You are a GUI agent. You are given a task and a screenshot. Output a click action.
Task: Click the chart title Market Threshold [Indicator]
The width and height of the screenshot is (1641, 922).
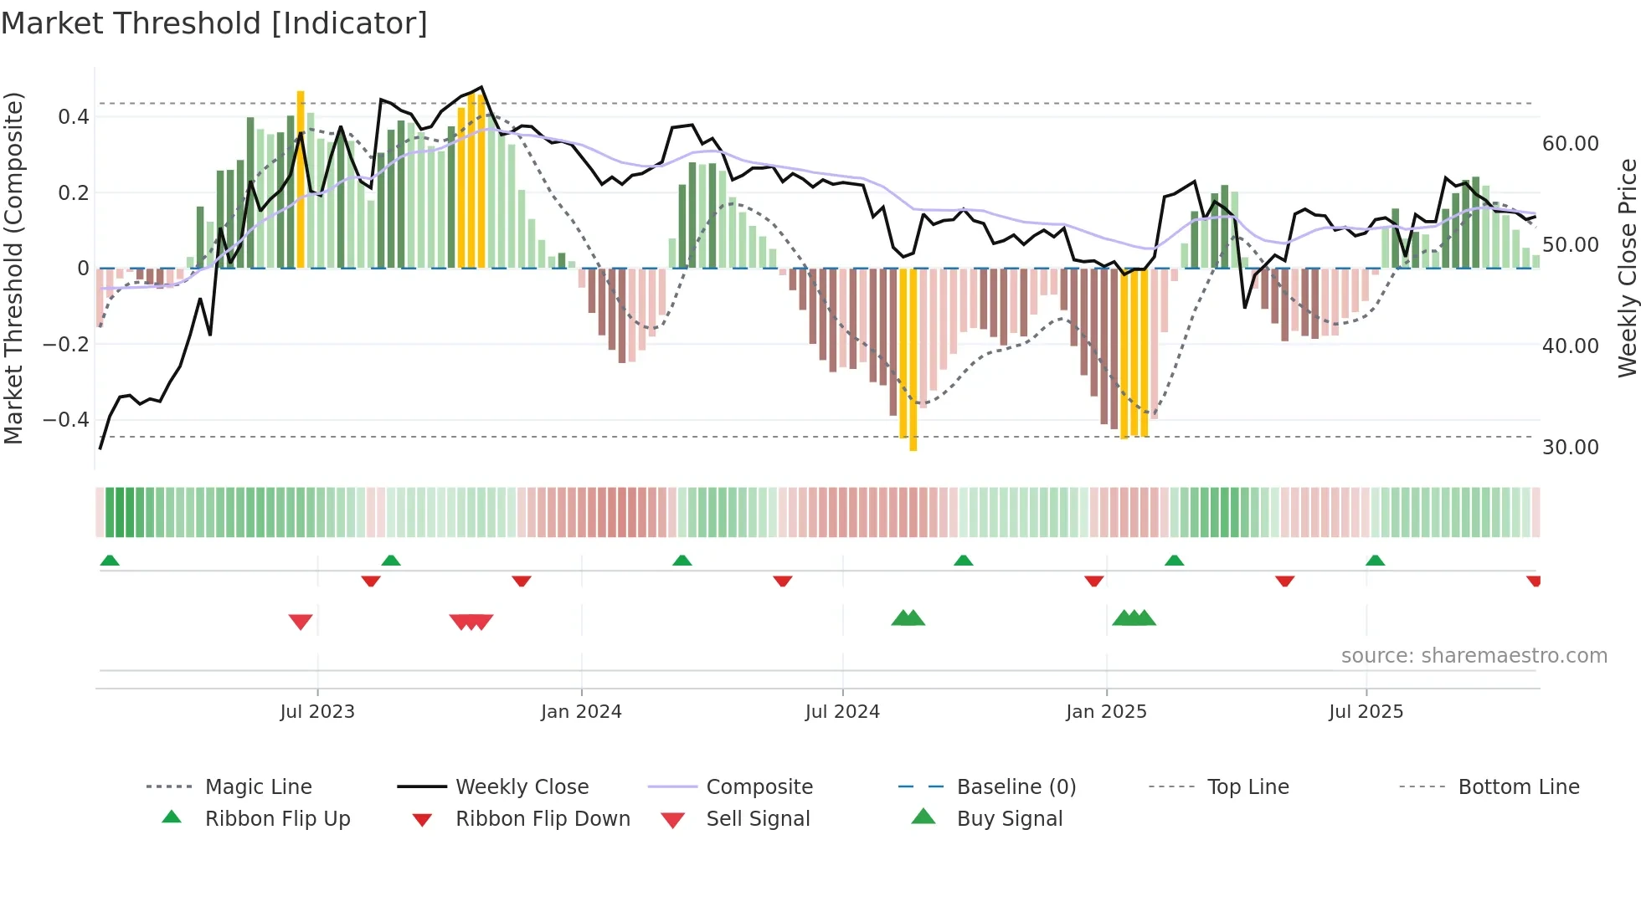(214, 23)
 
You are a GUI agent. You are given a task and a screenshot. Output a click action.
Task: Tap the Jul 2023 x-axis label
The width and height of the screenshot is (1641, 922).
(317, 712)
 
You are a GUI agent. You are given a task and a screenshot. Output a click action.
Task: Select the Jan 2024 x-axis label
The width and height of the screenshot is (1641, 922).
(581, 712)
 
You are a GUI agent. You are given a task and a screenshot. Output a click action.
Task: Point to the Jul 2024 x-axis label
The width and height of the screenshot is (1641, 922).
(842, 712)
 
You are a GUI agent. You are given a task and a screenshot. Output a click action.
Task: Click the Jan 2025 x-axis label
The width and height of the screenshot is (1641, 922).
(1106, 712)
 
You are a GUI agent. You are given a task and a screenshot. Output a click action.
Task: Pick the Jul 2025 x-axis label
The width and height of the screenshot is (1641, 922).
(1366, 712)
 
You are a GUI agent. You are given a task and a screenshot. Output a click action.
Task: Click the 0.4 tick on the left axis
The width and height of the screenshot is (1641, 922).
(74, 117)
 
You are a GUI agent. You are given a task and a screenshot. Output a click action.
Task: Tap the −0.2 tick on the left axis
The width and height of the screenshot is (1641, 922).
(66, 345)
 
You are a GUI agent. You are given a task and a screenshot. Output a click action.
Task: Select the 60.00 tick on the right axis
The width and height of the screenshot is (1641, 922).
(1570, 144)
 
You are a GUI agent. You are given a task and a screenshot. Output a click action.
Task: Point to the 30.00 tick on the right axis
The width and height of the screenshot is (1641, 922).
(1570, 448)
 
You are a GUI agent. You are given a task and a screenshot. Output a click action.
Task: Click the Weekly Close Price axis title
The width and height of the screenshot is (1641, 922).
(1627, 268)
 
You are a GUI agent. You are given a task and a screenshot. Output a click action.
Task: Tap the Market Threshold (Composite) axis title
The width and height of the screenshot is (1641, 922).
(13, 268)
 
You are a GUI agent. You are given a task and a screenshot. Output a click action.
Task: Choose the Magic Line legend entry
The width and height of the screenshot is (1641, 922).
(258, 787)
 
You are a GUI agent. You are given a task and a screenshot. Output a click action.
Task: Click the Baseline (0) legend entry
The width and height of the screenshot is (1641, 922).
(1016, 787)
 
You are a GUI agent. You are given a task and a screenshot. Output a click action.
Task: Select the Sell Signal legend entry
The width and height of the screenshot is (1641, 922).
(758, 819)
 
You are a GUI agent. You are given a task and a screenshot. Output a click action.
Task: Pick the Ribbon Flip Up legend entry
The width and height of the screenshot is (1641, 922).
(277, 819)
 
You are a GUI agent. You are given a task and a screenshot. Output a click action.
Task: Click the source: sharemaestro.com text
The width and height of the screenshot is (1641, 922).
(1474, 656)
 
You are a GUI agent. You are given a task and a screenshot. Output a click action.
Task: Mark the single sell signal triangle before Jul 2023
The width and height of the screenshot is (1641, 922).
(301, 622)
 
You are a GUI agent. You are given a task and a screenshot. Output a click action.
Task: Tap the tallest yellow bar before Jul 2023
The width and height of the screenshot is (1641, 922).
(301, 180)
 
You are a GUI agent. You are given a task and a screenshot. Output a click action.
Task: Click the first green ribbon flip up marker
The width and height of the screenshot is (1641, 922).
(110, 561)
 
